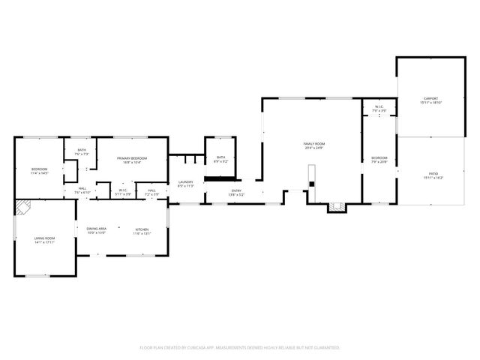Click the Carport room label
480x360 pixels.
pos(430,98)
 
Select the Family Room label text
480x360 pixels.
pos(313,143)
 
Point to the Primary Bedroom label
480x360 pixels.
pos(131,158)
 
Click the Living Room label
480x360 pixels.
pos(44,238)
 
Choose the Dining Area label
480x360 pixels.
pos(96,229)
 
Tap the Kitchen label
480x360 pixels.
pos(142,229)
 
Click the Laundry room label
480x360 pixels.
pos(186,182)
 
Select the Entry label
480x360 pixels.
pos(236,190)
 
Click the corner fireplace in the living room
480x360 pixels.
pos(22,207)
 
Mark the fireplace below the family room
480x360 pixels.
pos(336,207)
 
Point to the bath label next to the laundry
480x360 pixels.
pos(220,157)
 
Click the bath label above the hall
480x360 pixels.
pos(82,150)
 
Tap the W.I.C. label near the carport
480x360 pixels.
pos(379,106)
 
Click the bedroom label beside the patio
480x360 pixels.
pos(379,157)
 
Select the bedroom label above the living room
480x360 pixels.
pos(39,169)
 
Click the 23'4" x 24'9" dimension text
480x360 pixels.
pos(313,148)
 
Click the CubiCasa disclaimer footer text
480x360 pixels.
pos(240,347)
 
